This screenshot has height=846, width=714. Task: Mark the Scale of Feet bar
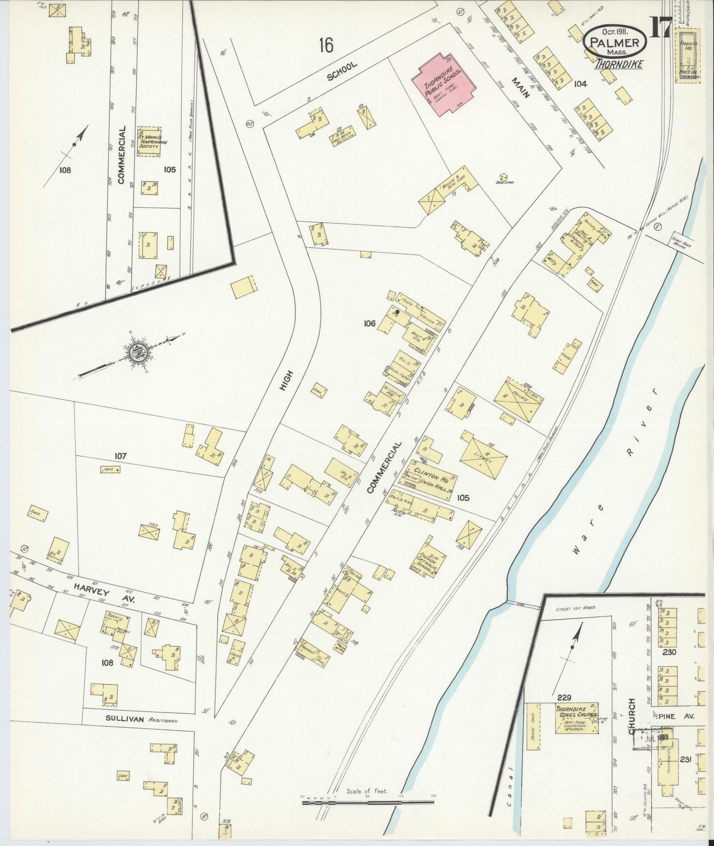point(368,802)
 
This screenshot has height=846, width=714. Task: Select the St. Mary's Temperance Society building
point(149,142)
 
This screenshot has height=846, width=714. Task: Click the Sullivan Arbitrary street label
point(141,720)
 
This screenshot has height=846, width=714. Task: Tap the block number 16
point(326,45)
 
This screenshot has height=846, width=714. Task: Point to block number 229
point(564,697)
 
